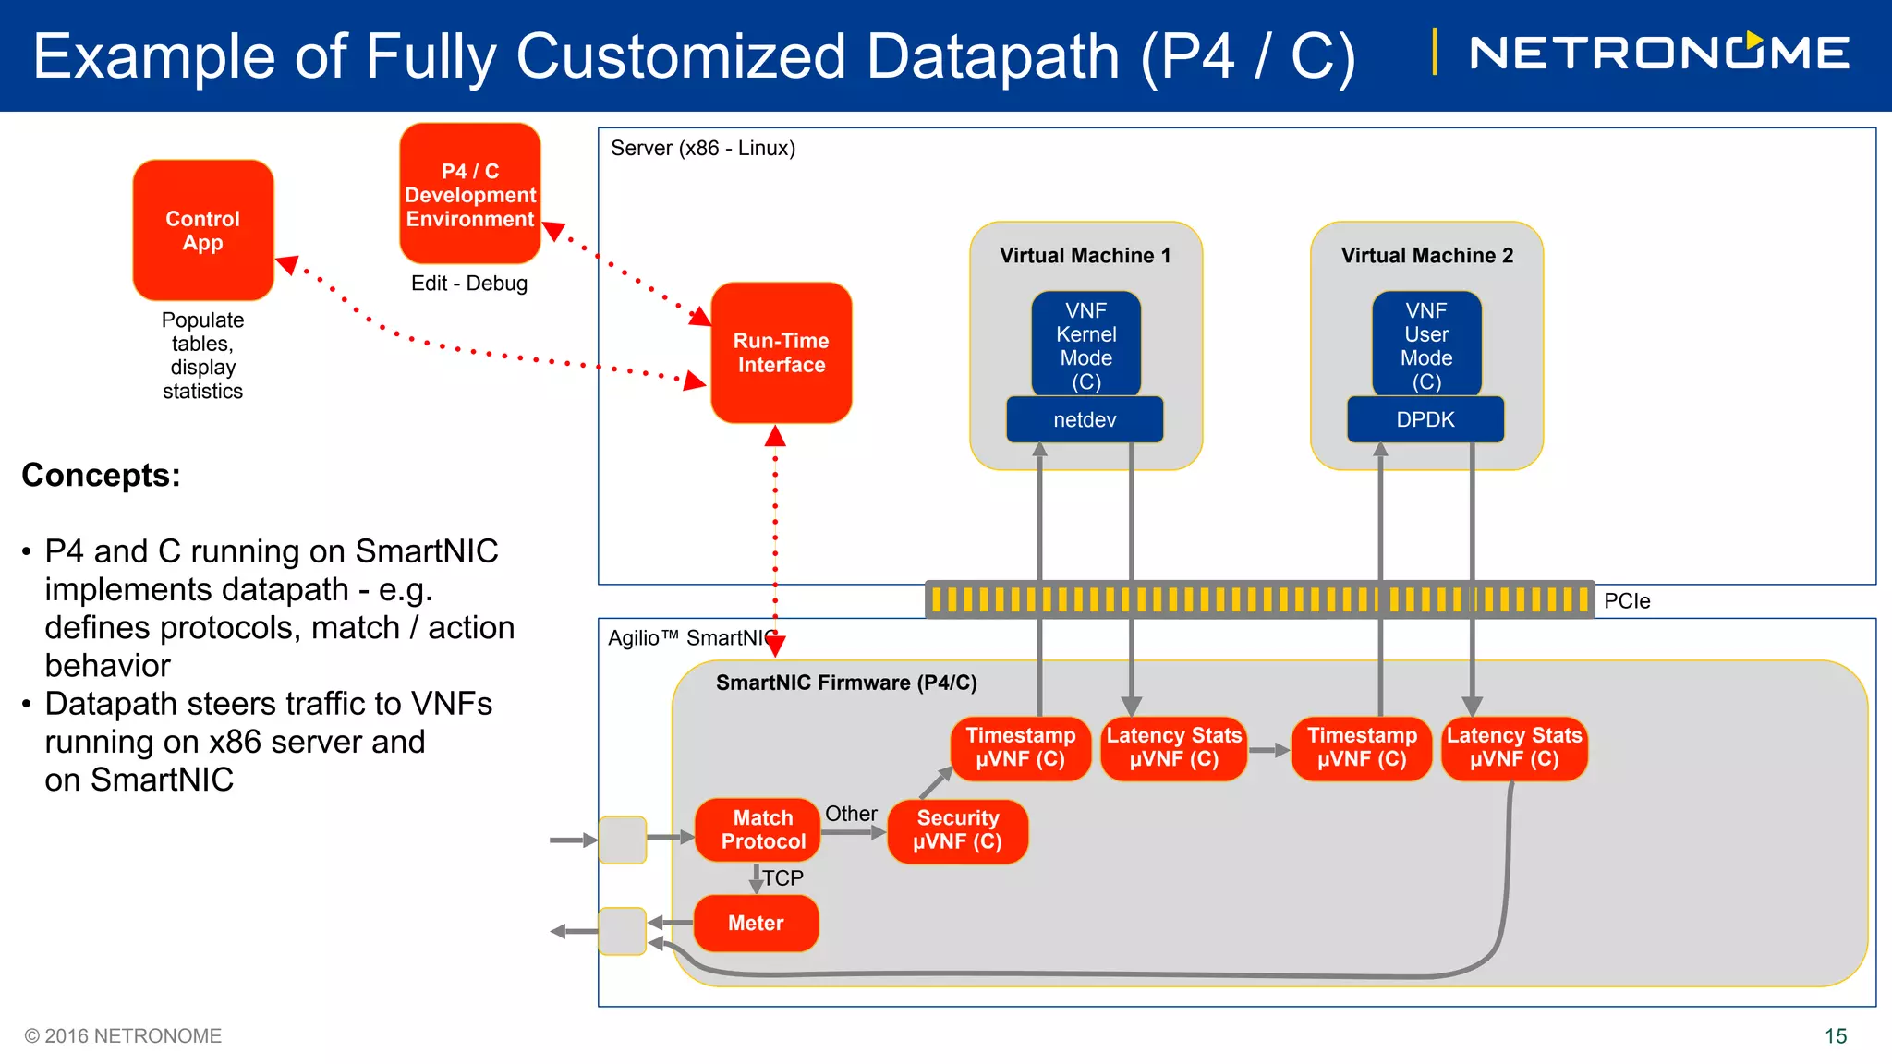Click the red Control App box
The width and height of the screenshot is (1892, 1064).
[x=203, y=230]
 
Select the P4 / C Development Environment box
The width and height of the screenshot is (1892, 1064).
[x=470, y=194]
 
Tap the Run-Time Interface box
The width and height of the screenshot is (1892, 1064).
[x=782, y=353]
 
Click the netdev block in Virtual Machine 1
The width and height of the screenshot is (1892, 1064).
[x=1085, y=420]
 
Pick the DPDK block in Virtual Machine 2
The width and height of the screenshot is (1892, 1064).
[x=1425, y=420]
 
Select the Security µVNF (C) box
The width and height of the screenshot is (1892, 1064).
[x=958, y=830]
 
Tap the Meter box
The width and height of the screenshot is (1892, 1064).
[x=756, y=923]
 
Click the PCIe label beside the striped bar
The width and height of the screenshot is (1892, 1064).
[x=1627, y=601]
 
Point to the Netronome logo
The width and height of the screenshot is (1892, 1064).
[x=1659, y=53]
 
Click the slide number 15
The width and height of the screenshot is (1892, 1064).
[x=1836, y=1036]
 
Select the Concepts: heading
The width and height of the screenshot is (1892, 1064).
[x=102, y=476]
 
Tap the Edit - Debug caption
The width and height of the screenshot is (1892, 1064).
[x=469, y=284]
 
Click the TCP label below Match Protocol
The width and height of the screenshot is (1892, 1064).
[x=783, y=878]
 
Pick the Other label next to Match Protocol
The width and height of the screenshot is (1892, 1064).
[x=851, y=814]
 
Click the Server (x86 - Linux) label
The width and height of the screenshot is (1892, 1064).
[x=703, y=149]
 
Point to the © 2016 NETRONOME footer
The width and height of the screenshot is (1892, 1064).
[x=123, y=1036]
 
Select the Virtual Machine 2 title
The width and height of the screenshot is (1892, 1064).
[x=1427, y=256]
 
